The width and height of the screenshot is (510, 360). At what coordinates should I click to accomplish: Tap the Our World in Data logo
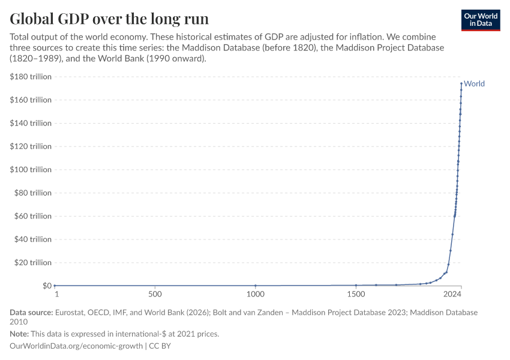[480, 20]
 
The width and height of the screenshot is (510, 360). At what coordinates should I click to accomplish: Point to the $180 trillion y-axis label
[31, 77]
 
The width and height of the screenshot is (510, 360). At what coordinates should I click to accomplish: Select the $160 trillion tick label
[31, 100]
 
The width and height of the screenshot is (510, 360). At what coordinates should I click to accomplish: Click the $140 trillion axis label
[31, 123]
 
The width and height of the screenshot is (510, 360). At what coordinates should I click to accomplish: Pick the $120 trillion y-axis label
[31, 146]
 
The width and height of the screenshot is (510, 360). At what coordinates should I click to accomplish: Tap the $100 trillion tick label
[31, 170]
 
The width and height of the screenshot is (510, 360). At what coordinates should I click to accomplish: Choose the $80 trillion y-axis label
[33, 193]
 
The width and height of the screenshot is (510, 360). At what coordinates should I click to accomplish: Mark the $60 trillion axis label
[33, 216]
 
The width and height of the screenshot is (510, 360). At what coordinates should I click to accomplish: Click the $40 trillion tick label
[33, 239]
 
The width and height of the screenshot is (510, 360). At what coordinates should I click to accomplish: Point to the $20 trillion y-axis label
[33, 263]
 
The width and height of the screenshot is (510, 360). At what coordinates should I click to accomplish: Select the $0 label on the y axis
[46, 286]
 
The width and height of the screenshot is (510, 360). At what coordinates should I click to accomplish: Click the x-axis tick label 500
[155, 295]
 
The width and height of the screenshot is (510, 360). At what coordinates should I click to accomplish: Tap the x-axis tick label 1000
[256, 295]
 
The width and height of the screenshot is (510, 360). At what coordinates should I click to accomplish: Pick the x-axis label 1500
[356, 295]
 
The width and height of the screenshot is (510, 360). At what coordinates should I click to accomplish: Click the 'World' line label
[474, 84]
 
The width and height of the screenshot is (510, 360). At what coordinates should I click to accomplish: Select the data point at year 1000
[256, 286]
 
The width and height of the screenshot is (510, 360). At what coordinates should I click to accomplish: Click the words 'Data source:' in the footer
[31, 313]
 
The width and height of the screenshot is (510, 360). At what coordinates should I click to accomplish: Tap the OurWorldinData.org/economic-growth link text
[77, 346]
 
